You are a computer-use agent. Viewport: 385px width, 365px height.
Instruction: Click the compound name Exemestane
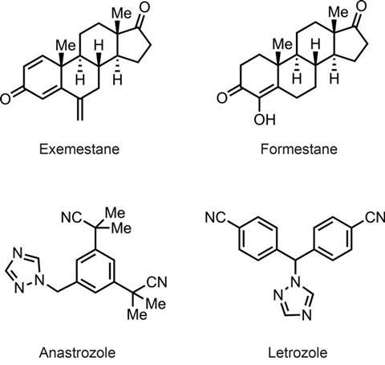point(79,149)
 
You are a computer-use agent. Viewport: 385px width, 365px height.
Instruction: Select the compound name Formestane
point(298,149)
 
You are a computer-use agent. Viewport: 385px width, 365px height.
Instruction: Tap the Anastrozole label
point(77,352)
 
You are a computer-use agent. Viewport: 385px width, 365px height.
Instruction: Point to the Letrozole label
point(298,352)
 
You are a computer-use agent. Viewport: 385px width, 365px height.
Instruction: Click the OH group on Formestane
point(265,120)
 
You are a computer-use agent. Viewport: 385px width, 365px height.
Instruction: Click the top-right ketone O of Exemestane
point(144,7)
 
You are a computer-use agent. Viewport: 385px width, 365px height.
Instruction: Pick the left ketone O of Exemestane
point(6,98)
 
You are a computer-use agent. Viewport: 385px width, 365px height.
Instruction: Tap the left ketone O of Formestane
point(222,98)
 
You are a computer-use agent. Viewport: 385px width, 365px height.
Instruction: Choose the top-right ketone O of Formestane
point(361,6)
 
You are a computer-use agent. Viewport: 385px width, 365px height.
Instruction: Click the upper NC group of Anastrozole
point(71,217)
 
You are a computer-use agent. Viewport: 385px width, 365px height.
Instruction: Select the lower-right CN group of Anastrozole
point(157,282)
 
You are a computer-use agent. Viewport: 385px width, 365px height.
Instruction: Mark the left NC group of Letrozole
point(216,217)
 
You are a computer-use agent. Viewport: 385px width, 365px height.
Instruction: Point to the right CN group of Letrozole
point(375,217)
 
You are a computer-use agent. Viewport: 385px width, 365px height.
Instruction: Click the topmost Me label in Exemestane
point(121,13)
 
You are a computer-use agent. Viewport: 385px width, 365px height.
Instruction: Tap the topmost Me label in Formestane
point(338,11)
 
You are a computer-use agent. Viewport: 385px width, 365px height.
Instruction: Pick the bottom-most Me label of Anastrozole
point(137,314)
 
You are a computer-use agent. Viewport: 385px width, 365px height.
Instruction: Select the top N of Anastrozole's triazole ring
point(18,252)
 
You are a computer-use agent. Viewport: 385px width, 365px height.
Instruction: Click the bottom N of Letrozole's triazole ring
point(307,316)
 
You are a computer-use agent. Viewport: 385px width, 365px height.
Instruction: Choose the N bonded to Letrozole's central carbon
point(296,281)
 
